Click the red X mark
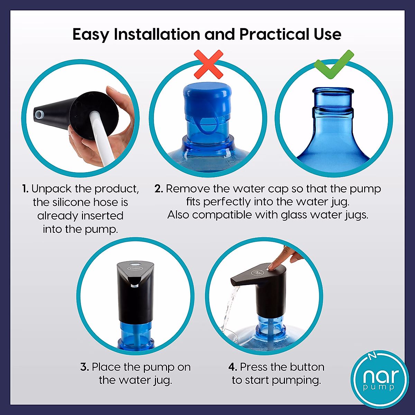pyautogui.click(x=208, y=64)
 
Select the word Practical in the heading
pyautogui.click(x=275, y=34)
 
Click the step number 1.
pyautogui.click(x=25, y=189)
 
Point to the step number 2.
pyautogui.click(x=159, y=189)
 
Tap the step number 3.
pyautogui.click(x=84, y=367)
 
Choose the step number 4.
pyautogui.click(x=233, y=367)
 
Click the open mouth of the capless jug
pyautogui.click(x=333, y=91)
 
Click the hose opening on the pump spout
pyautogui.click(x=38, y=113)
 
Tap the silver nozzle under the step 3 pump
pyautogui.click(x=135, y=286)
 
